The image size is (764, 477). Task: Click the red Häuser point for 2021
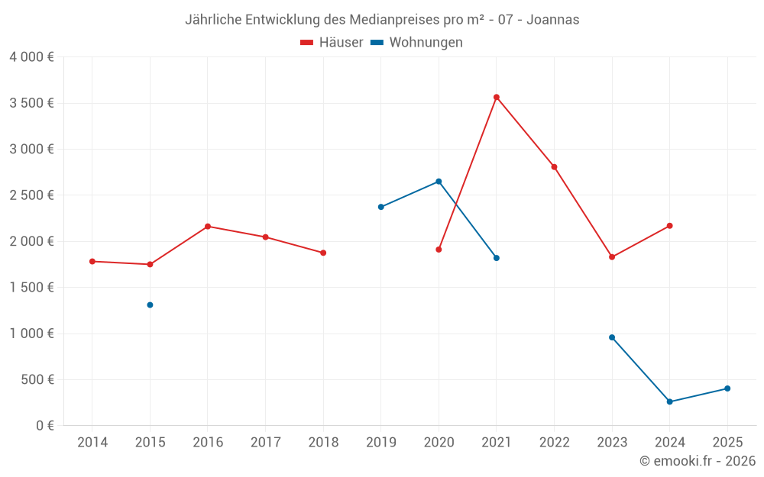pos(497,97)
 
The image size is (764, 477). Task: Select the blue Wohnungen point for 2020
pos(439,182)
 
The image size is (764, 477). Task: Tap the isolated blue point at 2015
pos(150,305)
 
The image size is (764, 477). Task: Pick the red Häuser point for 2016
pos(208,226)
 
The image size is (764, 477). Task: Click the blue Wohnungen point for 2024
pos(670,401)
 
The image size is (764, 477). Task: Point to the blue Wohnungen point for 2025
pos(727,388)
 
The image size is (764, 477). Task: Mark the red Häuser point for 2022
pos(554,166)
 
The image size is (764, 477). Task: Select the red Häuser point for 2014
pos(92,261)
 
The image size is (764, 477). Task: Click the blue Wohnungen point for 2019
pos(381,207)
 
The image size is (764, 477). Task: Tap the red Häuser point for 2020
pos(439,250)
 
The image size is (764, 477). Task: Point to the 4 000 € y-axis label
pos(31,57)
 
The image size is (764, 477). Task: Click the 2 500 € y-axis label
pos(31,195)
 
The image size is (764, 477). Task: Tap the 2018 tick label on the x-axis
pos(323,443)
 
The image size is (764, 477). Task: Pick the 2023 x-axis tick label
pos(612,443)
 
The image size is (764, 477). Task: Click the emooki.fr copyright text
pos(698,461)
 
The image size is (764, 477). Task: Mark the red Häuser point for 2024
pos(670,226)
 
